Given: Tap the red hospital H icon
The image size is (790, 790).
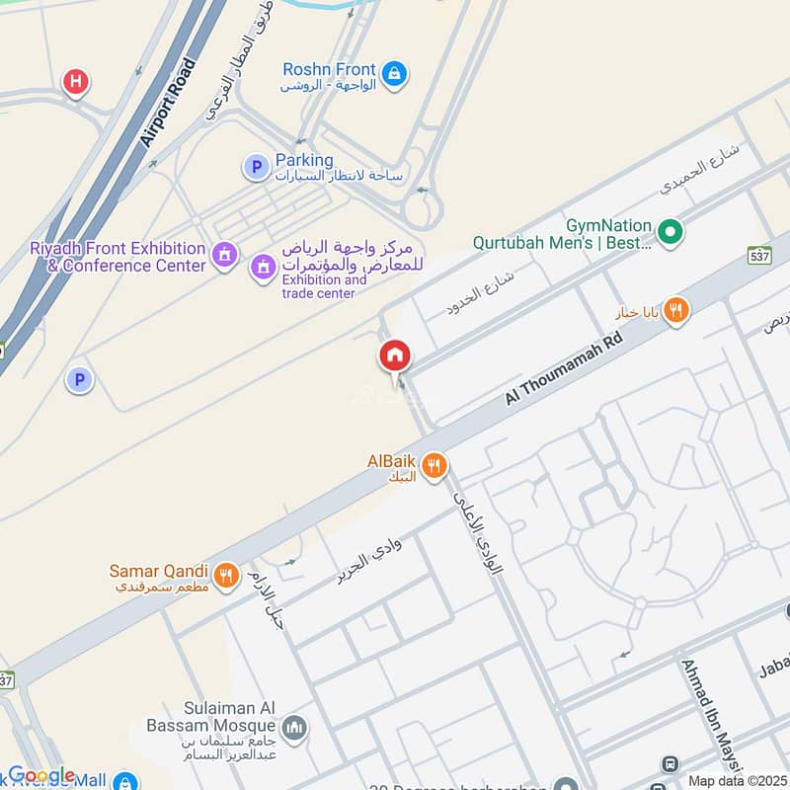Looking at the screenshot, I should (x=75, y=82).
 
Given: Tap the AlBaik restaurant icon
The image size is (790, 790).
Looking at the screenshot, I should (x=433, y=465).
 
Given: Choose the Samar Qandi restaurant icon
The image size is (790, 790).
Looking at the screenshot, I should (x=226, y=574).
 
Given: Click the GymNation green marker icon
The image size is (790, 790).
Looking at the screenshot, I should (x=671, y=233).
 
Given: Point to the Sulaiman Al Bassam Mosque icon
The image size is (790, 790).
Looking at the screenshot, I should (x=293, y=730).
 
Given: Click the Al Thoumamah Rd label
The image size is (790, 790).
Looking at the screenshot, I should (x=565, y=368).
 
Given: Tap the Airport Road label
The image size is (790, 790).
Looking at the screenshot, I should (x=168, y=103).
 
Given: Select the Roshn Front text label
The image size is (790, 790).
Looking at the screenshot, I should (x=329, y=69).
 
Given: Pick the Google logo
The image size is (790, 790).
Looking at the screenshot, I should (x=41, y=775).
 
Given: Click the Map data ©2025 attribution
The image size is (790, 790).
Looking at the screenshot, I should (x=737, y=781).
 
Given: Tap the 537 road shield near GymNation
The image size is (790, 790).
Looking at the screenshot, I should (x=759, y=254).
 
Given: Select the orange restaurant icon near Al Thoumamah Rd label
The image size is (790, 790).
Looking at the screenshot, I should (x=675, y=310).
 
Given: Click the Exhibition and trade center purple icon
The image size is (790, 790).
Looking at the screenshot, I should (x=263, y=266).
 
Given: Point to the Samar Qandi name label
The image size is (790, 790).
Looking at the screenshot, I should (x=158, y=572).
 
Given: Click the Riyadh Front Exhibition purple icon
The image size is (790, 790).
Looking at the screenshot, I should (x=226, y=257).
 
